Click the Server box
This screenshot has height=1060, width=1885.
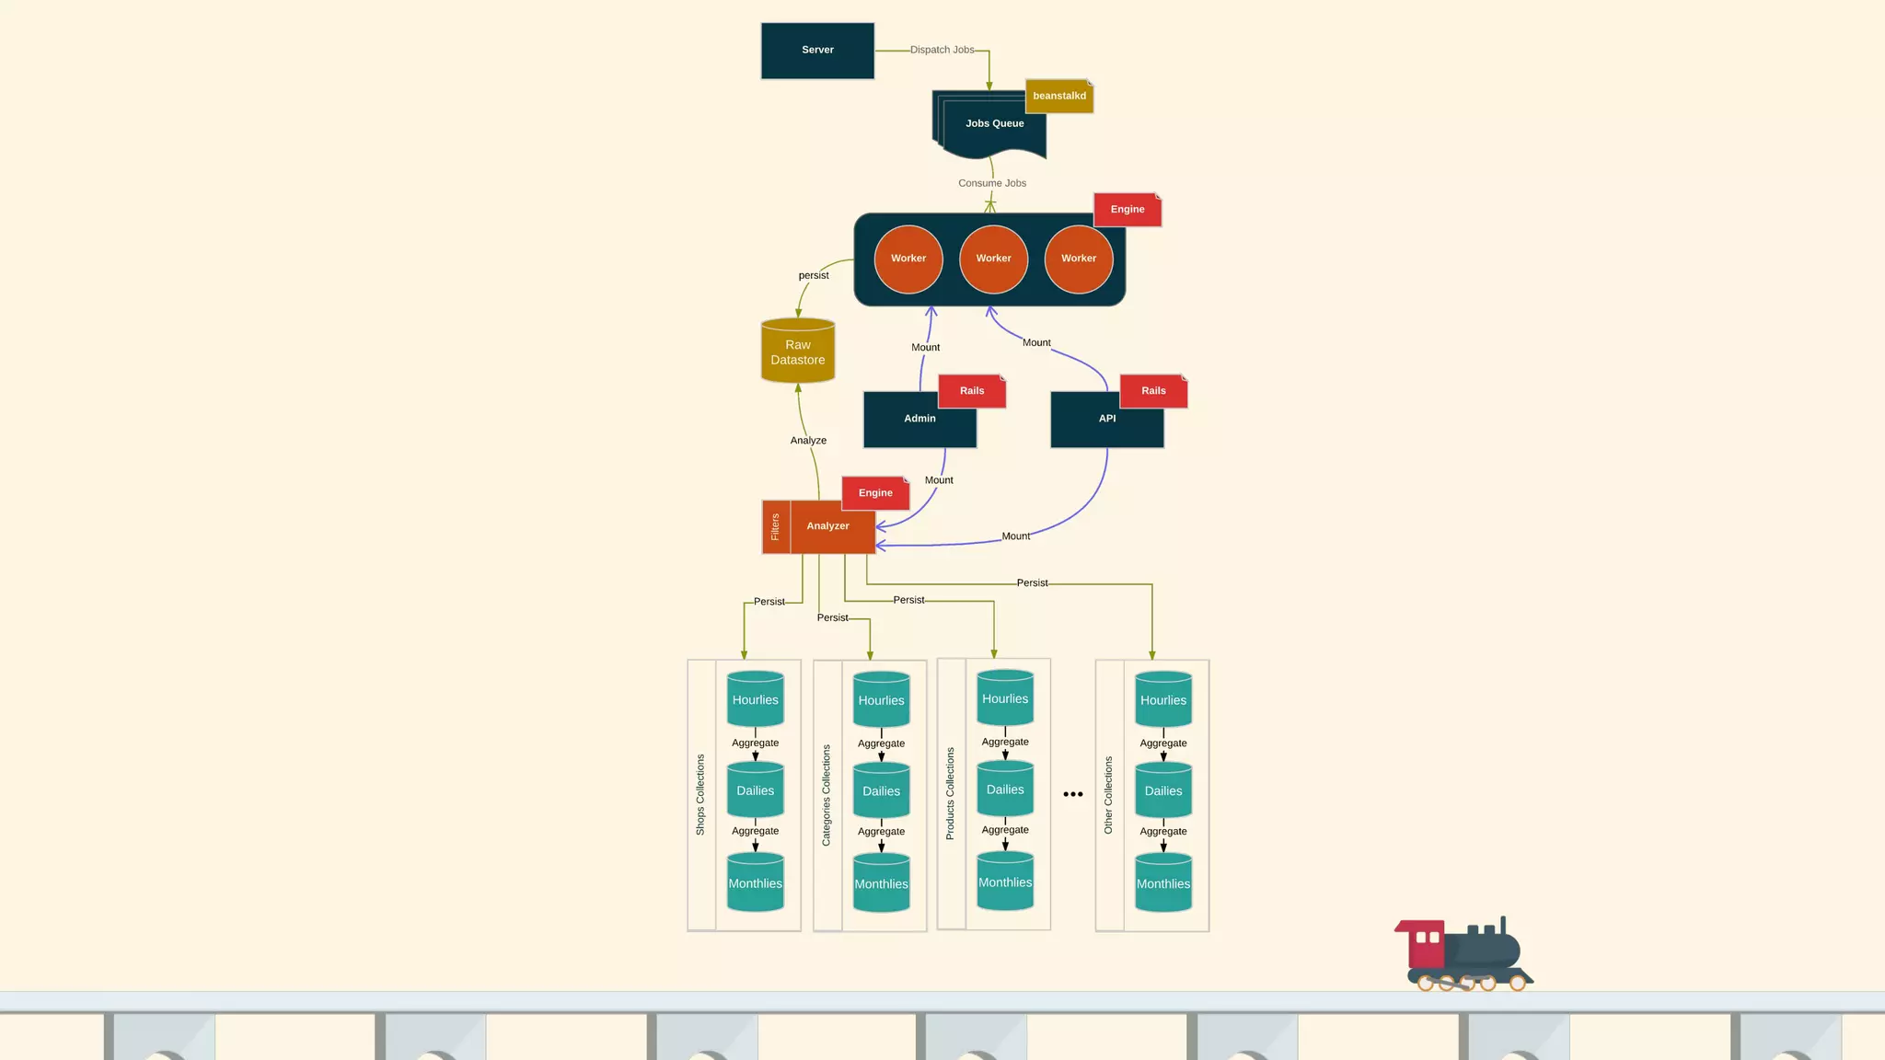coord(817,51)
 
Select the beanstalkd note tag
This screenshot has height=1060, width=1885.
coord(1059,96)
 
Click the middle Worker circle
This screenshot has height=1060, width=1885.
coord(993,259)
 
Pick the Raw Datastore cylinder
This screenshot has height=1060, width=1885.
coord(798,351)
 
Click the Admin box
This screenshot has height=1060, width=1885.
coord(919,420)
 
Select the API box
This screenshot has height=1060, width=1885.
coord(1106,420)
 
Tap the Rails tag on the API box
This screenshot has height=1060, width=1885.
coord(1153,391)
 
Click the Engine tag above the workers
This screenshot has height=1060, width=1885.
coord(1127,210)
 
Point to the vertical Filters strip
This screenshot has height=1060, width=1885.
coord(776,527)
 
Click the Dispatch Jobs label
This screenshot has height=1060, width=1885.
coord(942,50)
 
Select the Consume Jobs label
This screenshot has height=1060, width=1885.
coord(991,183)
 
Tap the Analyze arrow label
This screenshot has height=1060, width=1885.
coord(808,441)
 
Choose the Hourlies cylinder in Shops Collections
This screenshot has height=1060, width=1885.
coord(755,699)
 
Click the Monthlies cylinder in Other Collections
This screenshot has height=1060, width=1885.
coord(1162,883)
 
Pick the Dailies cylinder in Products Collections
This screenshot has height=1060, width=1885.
coord(1004,789)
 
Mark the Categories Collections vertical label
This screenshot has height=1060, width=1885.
coord(827,795)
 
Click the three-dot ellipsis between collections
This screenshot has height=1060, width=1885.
coord(1072,794)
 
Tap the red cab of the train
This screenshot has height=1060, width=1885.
coord(1426,944)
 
